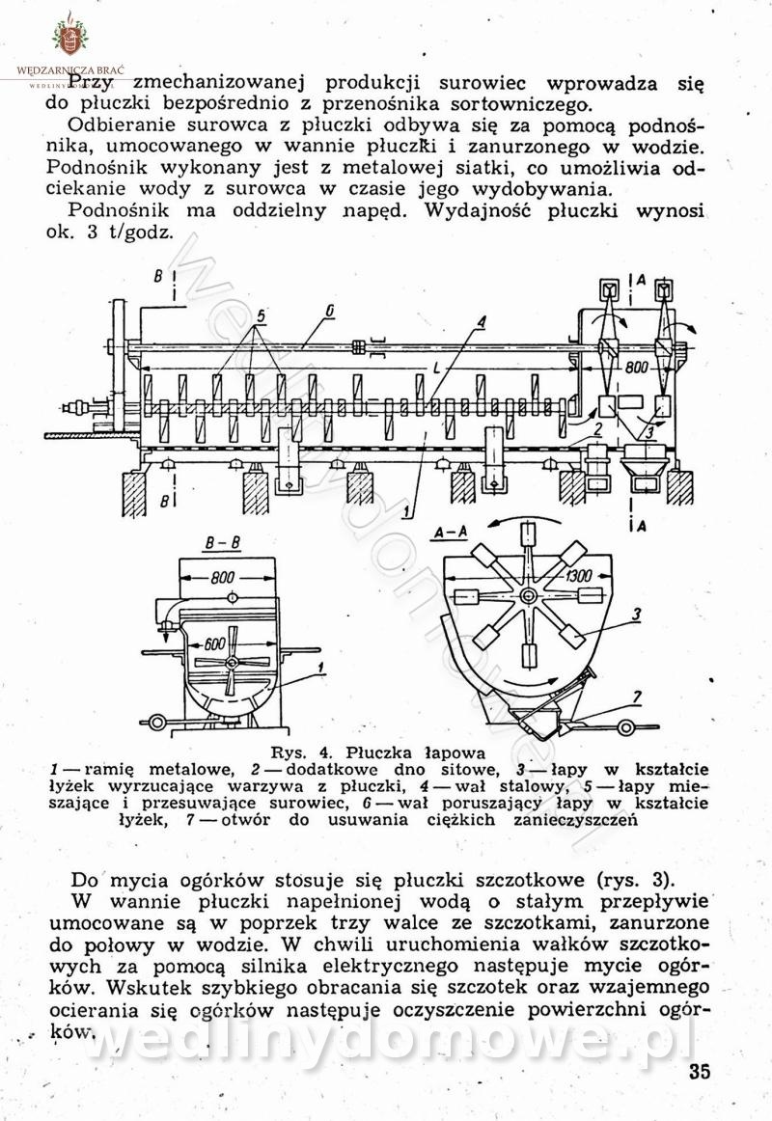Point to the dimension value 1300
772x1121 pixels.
[579, 576]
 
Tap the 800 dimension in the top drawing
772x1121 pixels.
[636, 368]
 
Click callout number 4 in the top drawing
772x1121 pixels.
[480, 321]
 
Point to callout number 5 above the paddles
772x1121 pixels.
[262, 315]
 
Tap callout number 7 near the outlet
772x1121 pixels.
[636, 697]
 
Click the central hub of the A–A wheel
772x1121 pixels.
[527, 597]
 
